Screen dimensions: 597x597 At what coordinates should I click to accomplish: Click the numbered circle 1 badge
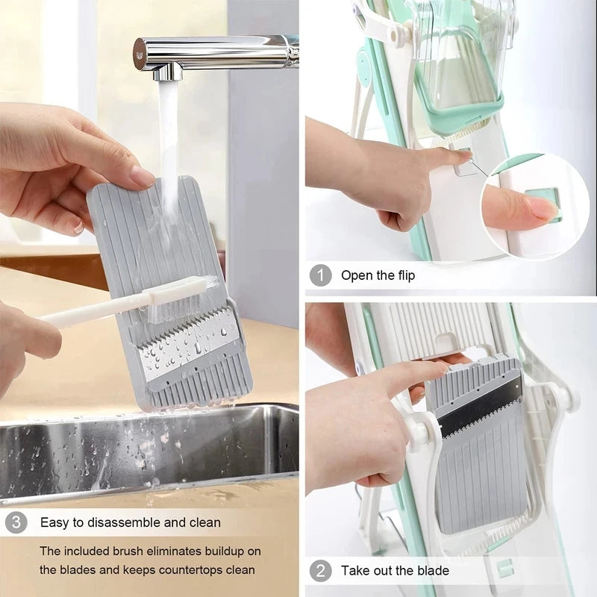320,275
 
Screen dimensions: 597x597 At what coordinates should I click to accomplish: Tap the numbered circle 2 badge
320,571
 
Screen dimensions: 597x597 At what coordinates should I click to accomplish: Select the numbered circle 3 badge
16,522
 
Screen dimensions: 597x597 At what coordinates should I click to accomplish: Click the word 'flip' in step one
403,275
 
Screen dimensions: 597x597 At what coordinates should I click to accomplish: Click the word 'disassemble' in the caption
126,522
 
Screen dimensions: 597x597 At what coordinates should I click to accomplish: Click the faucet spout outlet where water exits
166,73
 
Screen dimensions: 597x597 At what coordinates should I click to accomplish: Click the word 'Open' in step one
357,275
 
